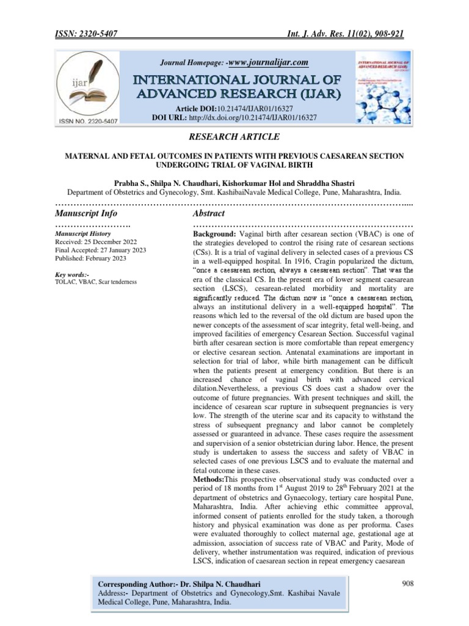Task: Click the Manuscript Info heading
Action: click(x=86, y=213)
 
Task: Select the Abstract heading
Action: click(x=209, y=213)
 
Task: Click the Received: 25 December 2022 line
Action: click(x=89, y=241)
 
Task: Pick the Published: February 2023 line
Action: click(x=90, y=259)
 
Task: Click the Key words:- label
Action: click(x=72, y=274)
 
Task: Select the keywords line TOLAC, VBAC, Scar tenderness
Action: click(x=96, y=282)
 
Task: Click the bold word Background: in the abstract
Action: click(x=215, y=235)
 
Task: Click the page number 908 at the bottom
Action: click(x=408, y=584)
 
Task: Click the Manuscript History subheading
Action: click(x=83, y=234)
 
